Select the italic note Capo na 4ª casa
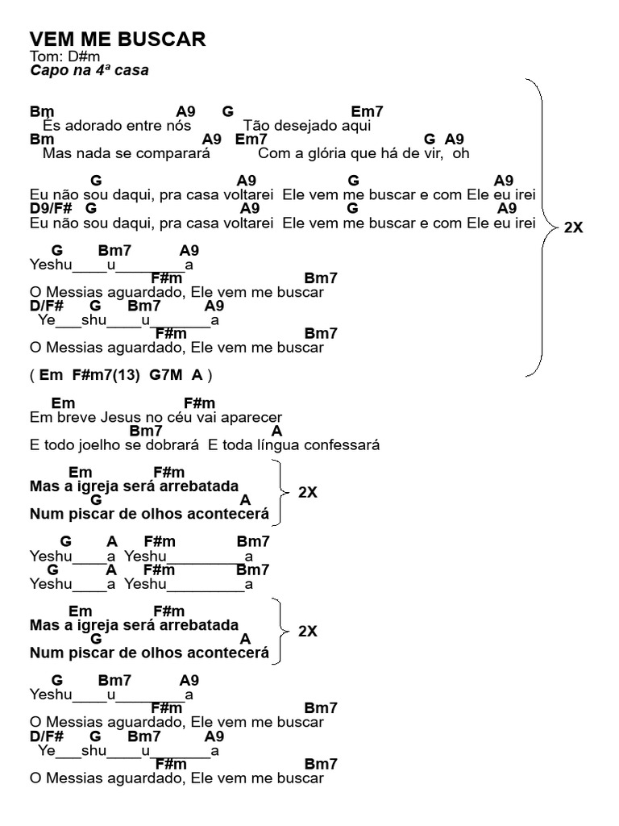point(89,71)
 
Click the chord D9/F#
point(46,208)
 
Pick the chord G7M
point(165,375)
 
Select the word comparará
point(173,152)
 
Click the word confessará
point(344,444)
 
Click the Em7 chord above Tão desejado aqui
point(368,112)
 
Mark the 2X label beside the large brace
point(573,227)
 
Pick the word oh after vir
point(461,152)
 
